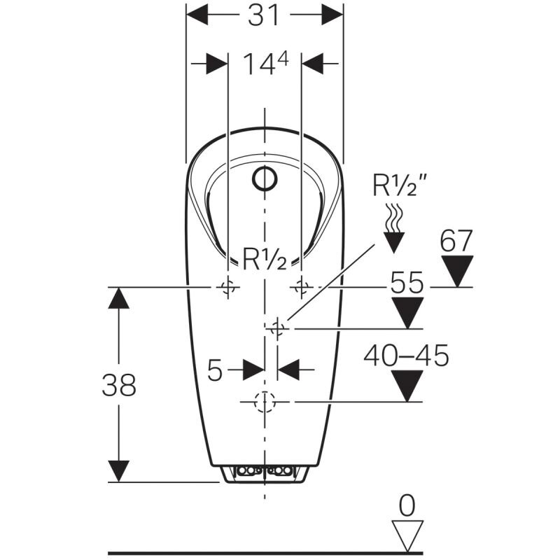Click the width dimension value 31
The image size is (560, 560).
[x=264, y=15]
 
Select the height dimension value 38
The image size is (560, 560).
[x=118, y=384]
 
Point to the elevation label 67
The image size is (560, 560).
[x=456, y=241]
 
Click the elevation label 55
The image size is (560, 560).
[x=407, y=283]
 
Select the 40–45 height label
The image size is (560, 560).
[x=406, y=356]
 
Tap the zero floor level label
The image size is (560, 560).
[x=407, y=504]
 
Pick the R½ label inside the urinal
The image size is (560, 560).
[x=265, y=260]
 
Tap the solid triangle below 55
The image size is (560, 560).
[x=407, y=312]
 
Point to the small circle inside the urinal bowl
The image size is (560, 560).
[x=265, y=181]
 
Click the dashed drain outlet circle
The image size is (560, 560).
[x=265, y=402]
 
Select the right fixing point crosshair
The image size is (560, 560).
[x=302, y=286]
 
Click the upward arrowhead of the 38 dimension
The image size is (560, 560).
[x=119, y=297]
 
